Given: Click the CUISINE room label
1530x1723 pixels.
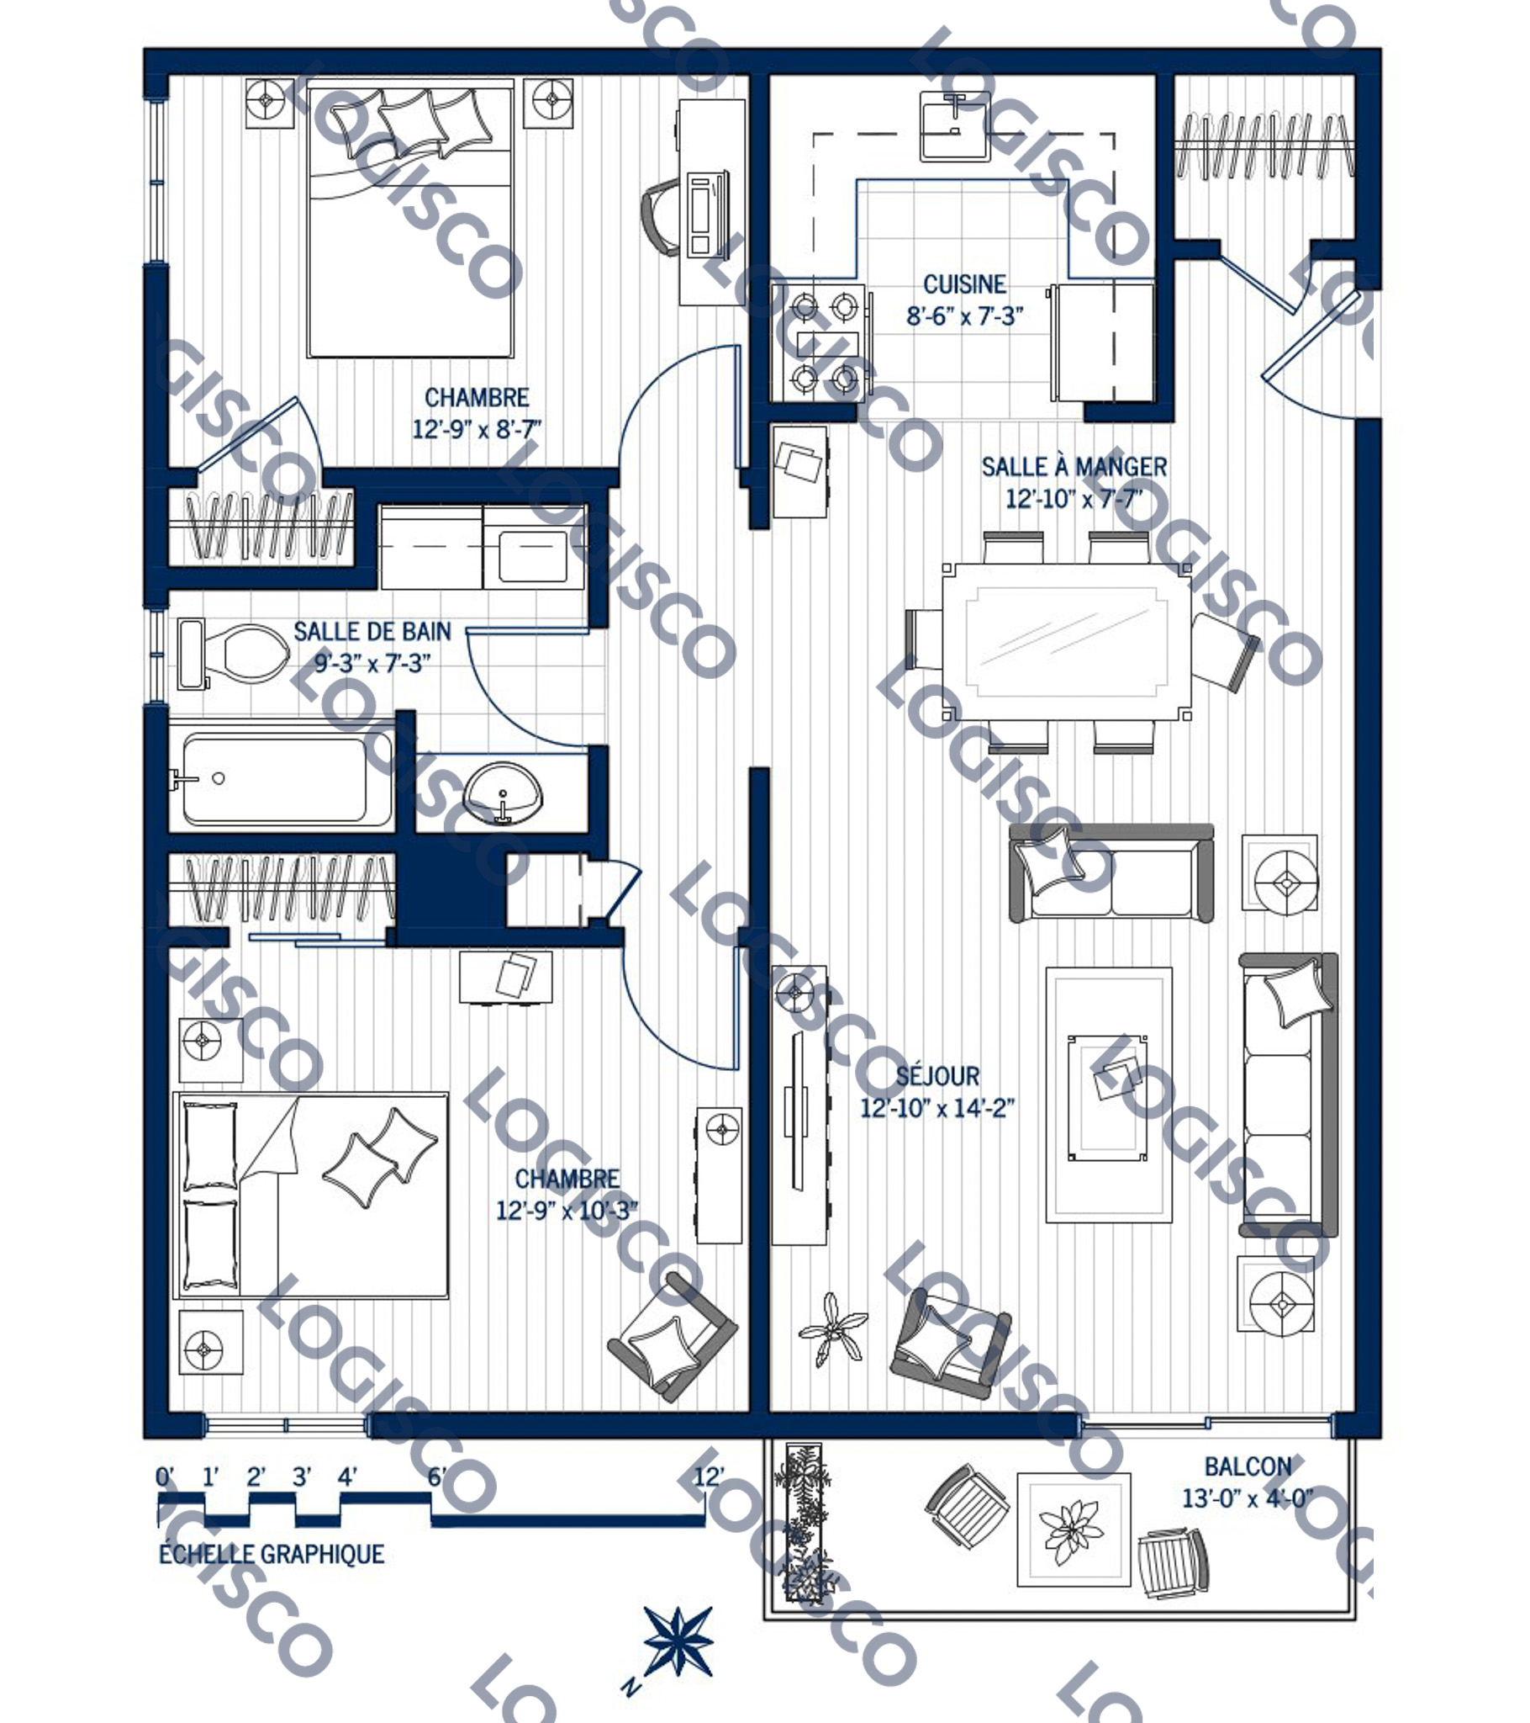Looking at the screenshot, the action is click(x=965, y=284).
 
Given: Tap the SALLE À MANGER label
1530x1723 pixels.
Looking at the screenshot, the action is click(x=1074, y=466).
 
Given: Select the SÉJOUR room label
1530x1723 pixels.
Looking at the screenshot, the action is click(x=937, y=1075).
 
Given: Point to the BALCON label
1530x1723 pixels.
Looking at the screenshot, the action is click(x=1248, y=1466).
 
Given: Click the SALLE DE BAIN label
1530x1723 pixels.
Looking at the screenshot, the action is click(x=372, y=631).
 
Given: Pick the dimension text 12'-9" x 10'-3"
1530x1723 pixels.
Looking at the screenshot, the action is click(x=566, y=1211).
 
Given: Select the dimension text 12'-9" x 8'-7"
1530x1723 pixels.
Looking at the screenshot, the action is click(x=476, y=429).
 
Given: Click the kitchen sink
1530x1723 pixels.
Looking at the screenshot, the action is click(x=954, y=126).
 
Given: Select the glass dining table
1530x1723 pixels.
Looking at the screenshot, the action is click(x=1067, y=642).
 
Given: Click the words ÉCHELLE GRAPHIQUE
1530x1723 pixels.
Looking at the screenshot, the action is click(x=272, y=1554).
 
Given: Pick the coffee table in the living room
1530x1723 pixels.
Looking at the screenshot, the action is click(x=1108, y=1098).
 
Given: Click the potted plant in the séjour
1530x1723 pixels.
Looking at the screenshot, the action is click(x=832, y=1330).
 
